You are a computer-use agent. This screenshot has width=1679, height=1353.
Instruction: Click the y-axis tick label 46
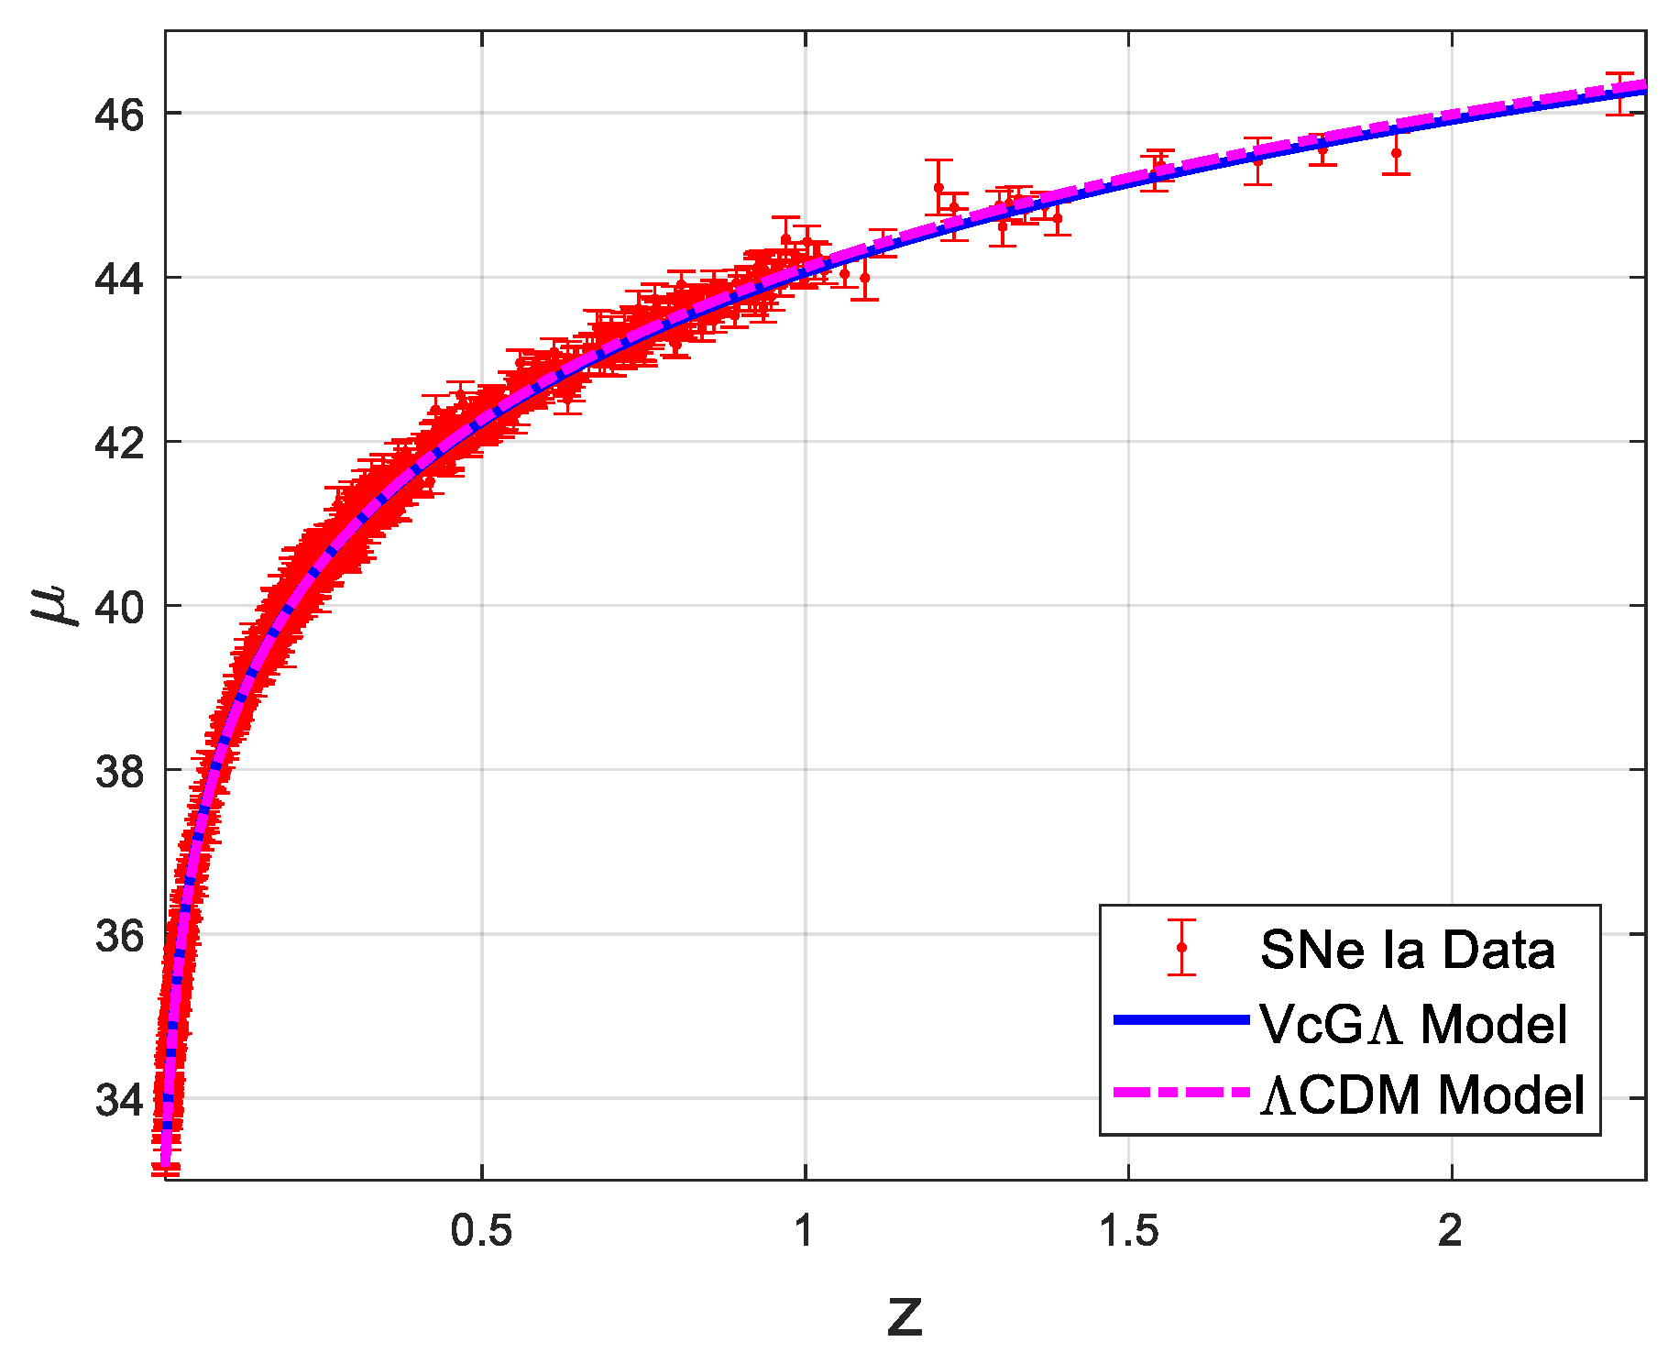coord(119,115)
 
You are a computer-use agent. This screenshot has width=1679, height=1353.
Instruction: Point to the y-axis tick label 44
coord(119,279)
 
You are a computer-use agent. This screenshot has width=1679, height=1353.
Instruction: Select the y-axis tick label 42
coord(119,443)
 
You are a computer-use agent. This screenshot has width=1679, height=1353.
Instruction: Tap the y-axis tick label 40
coord(119,607)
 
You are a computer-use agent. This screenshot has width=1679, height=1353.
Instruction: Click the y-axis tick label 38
coord(119,771)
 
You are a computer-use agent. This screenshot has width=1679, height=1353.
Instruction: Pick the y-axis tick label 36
coord(119,935)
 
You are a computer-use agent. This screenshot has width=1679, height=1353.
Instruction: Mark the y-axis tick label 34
coord(119,1099)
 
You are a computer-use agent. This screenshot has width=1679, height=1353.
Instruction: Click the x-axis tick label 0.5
coord(481,1231)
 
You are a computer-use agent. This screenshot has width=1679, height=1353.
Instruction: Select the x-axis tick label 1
coord(804,1231)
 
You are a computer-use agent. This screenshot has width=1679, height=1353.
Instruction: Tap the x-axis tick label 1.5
coord(1128,1231)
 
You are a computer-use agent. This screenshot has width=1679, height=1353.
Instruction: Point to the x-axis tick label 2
coord(1450,1231)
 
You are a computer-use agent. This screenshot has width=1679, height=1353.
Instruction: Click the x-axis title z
coord(905,1316)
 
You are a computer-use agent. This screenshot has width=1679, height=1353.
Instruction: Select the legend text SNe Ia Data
coord(1407,950)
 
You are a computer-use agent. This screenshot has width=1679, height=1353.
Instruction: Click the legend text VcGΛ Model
coord(1413,1023)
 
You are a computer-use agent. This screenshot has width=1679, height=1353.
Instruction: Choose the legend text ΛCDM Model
coord(1422,1094)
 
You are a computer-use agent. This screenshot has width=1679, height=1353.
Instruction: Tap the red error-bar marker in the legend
coord(1181,947)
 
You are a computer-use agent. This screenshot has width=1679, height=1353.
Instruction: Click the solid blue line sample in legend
coord(1181,1019)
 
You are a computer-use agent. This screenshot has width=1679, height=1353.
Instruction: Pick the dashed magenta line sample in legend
coord(1181,1092)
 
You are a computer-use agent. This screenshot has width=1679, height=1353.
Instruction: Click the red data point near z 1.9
coord(1396,153)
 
